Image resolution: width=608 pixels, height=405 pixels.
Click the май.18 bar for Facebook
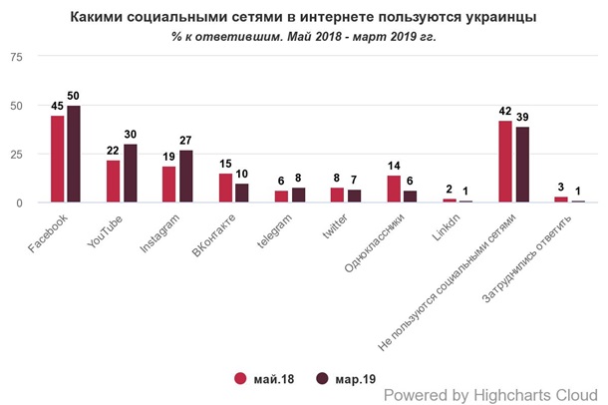[57, 160]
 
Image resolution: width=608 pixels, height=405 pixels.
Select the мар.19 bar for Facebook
[73, 155]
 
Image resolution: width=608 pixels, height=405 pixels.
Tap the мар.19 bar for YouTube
[129, 174]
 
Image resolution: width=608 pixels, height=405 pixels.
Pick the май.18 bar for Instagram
[169, 185]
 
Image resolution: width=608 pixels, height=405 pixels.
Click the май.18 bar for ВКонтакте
[225, 189]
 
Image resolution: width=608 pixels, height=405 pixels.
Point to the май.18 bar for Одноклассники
[394, 190]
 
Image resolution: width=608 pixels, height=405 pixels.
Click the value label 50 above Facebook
[73, 96]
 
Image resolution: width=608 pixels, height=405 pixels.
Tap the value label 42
[505, 111]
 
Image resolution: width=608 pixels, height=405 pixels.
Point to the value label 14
[394, 166]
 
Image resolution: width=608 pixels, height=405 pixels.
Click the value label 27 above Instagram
[185, 141]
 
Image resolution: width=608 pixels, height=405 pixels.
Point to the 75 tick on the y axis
[16, 57]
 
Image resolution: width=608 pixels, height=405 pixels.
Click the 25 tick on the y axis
[16, 155]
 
